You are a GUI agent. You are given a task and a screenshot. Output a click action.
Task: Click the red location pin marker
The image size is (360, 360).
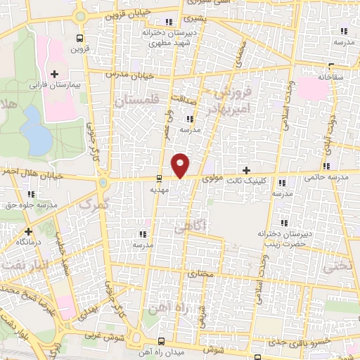coord(181,165)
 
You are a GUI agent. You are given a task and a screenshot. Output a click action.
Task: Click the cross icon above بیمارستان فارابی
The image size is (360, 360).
coord(55,73)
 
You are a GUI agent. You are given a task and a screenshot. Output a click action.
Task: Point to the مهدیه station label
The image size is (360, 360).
coord(158,189)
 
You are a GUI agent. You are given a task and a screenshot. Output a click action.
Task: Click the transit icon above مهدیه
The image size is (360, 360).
coord(159,178)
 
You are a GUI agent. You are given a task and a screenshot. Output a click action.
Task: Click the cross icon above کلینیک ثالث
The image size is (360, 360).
coord(246,170)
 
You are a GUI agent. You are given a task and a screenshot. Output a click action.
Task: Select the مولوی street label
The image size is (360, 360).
coord(213,179)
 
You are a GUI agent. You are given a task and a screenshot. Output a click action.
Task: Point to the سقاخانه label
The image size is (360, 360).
coord(333,76)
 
